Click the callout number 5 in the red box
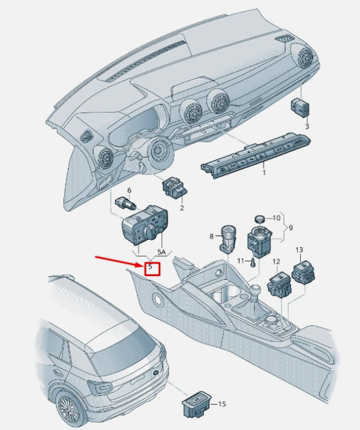[x=150, y=266]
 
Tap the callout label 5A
[x=162, y=253]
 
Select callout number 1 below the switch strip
[x=264, y=173]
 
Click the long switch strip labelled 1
[x=257, y=156]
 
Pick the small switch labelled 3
[x=299, y=108]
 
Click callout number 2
[x=182, y=208]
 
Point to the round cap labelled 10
[x=260, y=219]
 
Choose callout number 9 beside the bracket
[x=290, y=228]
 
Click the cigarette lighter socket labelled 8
[x=227, y=238]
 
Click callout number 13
[x=299, y=250]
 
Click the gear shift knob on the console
[x=255, y=290]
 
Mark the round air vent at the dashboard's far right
[x=306, y=57]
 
